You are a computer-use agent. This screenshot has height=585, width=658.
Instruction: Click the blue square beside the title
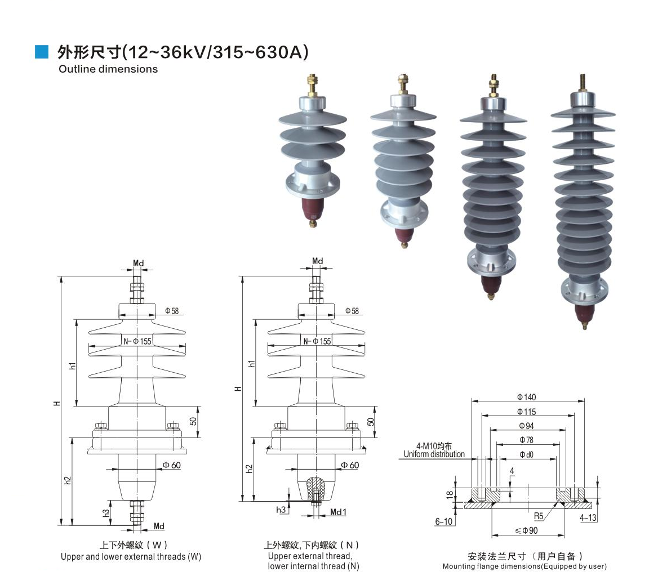coord(41,52)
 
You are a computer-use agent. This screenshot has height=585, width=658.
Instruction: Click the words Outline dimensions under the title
coord(108,69)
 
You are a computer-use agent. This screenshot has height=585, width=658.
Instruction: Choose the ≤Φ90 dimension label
coord(526,530)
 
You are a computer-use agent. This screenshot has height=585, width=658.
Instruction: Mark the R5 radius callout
coord(539,516)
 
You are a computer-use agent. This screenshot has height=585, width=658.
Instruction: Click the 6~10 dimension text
coord(444,522)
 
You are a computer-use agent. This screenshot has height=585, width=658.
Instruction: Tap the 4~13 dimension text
coord(588,517)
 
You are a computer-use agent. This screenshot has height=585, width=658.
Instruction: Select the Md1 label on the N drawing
coord(338,512)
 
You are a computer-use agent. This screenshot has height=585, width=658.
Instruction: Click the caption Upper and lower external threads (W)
coord(131,557)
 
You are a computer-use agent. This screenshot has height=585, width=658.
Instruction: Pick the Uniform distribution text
coord(434,454)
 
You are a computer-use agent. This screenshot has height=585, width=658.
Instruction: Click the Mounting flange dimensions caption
coord(524,566)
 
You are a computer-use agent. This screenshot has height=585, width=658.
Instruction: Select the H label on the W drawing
coord(57,403)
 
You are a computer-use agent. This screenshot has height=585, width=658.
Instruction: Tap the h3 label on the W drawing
coord(106,513)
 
